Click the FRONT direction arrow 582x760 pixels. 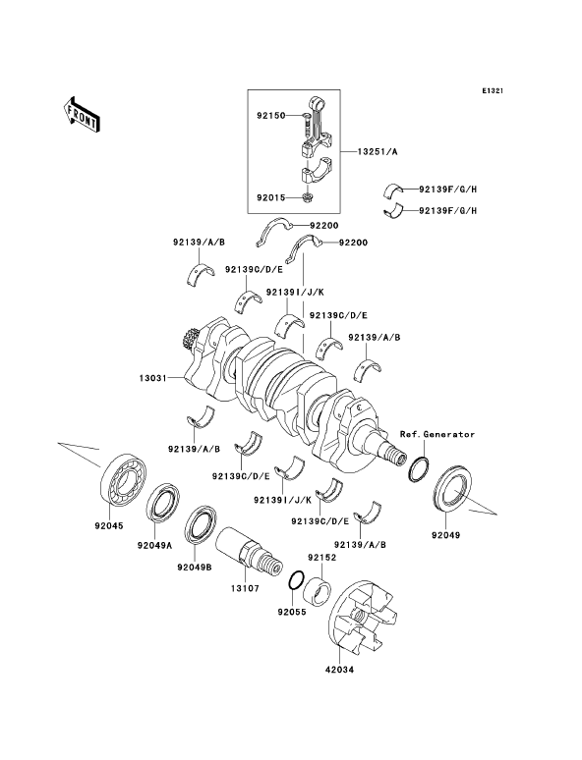[81, 114]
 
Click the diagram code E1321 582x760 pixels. [493, 90]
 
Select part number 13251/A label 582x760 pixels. [378, 152]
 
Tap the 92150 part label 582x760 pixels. [271, 116]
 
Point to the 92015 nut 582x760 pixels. [307, 197]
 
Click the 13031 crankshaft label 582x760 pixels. [153, 378]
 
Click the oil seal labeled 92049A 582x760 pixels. [163, 503]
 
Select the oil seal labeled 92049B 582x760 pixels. [202, 524]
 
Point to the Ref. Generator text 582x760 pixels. [437, 434]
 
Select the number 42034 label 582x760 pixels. [339, 670]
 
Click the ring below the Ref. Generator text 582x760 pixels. [418, 469]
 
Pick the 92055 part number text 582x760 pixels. [292, 612]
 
